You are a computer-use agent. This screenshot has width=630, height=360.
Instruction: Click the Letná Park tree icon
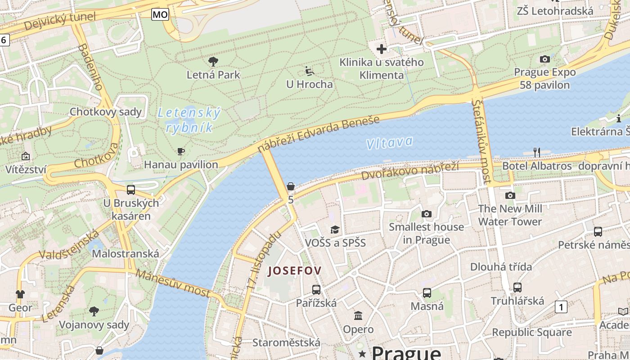point(213,61)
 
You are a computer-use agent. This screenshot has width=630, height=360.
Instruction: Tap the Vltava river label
point(389,143)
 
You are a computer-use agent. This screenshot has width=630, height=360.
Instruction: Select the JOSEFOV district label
point(294,271)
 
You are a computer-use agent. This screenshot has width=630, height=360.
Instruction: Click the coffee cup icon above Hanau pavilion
point(181,151)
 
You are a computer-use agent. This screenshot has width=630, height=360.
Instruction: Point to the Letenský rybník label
point(189,120)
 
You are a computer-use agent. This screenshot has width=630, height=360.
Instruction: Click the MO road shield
point(160,14)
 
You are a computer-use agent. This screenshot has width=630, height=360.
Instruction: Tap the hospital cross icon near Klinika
point(382,49)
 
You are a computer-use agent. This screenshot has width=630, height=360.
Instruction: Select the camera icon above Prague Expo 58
point(544,59)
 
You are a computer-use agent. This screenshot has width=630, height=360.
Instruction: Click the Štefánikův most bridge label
point(481,142)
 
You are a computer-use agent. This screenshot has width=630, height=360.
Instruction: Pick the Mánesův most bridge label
point(173,283)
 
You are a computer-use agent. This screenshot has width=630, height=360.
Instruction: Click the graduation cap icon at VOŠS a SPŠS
point(335,230)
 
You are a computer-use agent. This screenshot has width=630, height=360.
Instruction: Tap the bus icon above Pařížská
point(316,290)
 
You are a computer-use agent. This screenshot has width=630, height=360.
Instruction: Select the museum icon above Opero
point(358,316)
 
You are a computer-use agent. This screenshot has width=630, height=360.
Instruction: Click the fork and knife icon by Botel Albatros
point(536,152)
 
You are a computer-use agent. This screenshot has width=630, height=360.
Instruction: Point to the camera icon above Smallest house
point(426,214)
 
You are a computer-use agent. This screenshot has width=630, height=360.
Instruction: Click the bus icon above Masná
point(427,293)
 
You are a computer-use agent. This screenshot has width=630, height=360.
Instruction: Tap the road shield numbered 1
point(561,307)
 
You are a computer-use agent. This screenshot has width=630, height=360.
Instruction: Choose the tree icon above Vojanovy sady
point(94,311)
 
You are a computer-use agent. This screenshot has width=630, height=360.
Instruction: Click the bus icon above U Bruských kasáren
point(131,189)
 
